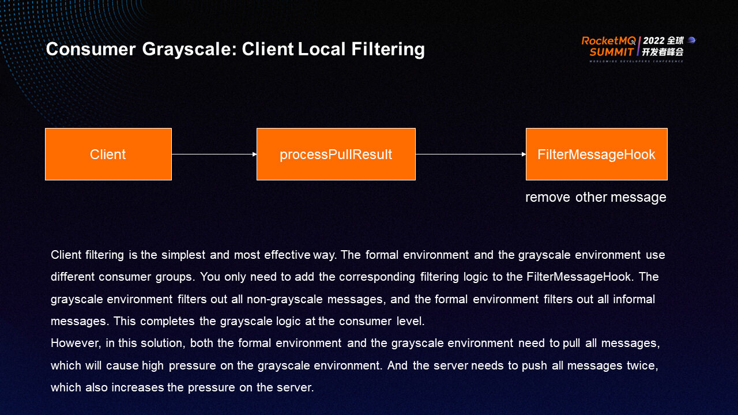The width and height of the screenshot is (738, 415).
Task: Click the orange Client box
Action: coord(108,154)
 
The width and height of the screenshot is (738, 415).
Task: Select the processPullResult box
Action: coord(336,154)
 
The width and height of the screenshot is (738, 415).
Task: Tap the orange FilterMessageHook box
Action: coord(596,154)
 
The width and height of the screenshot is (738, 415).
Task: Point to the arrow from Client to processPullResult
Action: coord(214,154)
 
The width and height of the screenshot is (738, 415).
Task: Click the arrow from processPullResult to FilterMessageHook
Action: coord(470,154)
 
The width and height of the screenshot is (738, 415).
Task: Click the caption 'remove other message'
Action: coord(596,197)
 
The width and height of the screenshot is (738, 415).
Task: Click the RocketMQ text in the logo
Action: coord(608,41)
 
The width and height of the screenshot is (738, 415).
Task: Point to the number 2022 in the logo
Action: coord(654,41)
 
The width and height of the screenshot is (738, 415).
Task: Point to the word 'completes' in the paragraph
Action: coord(166,321)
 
